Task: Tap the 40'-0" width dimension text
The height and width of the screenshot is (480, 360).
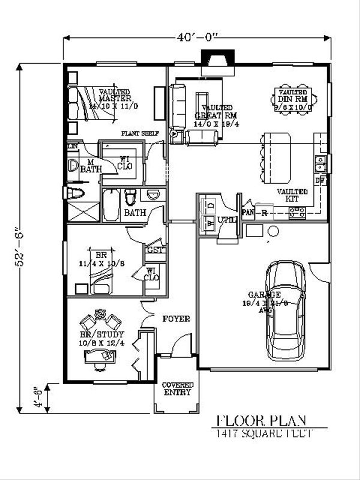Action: pos(198,38)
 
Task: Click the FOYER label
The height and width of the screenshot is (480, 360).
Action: pos(176,319)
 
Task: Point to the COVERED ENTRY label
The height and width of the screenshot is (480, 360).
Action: pos(178,388)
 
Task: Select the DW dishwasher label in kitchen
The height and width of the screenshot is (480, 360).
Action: pos(320,180)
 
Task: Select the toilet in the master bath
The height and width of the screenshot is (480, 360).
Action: pos(74,193)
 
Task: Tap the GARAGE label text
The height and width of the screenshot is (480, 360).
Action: pos(265,295)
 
